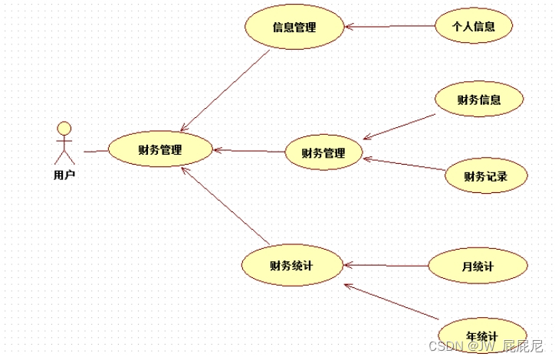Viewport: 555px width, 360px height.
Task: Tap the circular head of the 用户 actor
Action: click(x=64, y=127)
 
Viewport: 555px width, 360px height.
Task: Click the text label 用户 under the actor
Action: click(x=64, y=175)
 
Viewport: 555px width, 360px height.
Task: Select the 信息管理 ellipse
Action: click(x=294, y=28)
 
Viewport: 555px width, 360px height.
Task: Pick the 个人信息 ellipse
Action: click(x=473, y=27)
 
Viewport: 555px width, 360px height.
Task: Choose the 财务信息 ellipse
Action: click(x=479, y=99)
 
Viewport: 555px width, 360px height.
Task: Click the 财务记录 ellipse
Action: click(x=485, y=176)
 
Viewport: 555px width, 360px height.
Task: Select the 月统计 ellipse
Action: click(x=478, y=267)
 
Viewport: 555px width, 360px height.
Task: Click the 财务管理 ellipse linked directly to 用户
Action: click(x=160, y=150)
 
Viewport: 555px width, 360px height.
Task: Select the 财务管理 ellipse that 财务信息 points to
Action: click(x=323, y=152)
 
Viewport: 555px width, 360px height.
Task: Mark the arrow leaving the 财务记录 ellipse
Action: click(x=405, y=164)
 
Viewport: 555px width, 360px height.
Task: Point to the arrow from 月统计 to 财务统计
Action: click(x=386, y=266)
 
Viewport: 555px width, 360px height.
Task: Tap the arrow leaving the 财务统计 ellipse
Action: click(x=225, y=206)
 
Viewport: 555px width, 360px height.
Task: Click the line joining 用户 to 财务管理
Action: click(x=95, y=151)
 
